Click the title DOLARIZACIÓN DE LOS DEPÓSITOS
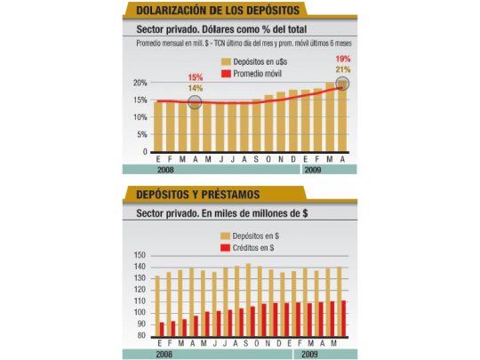point(217,11)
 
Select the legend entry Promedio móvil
point(263,73)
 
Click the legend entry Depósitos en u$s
point(264,60)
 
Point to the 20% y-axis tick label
point(139,83)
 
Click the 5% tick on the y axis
point(141,135)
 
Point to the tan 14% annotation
point(195,88)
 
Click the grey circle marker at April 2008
point(196,102)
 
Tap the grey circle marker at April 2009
point(344,84)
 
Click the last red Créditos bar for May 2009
point(343,318)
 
